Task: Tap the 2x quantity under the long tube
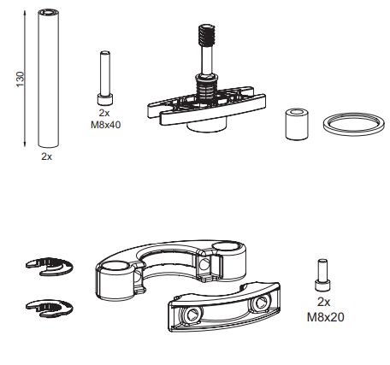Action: [46, 156]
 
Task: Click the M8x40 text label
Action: [105, 123]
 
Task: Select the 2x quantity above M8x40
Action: [104, 113]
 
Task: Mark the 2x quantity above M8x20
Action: [323, 303]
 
